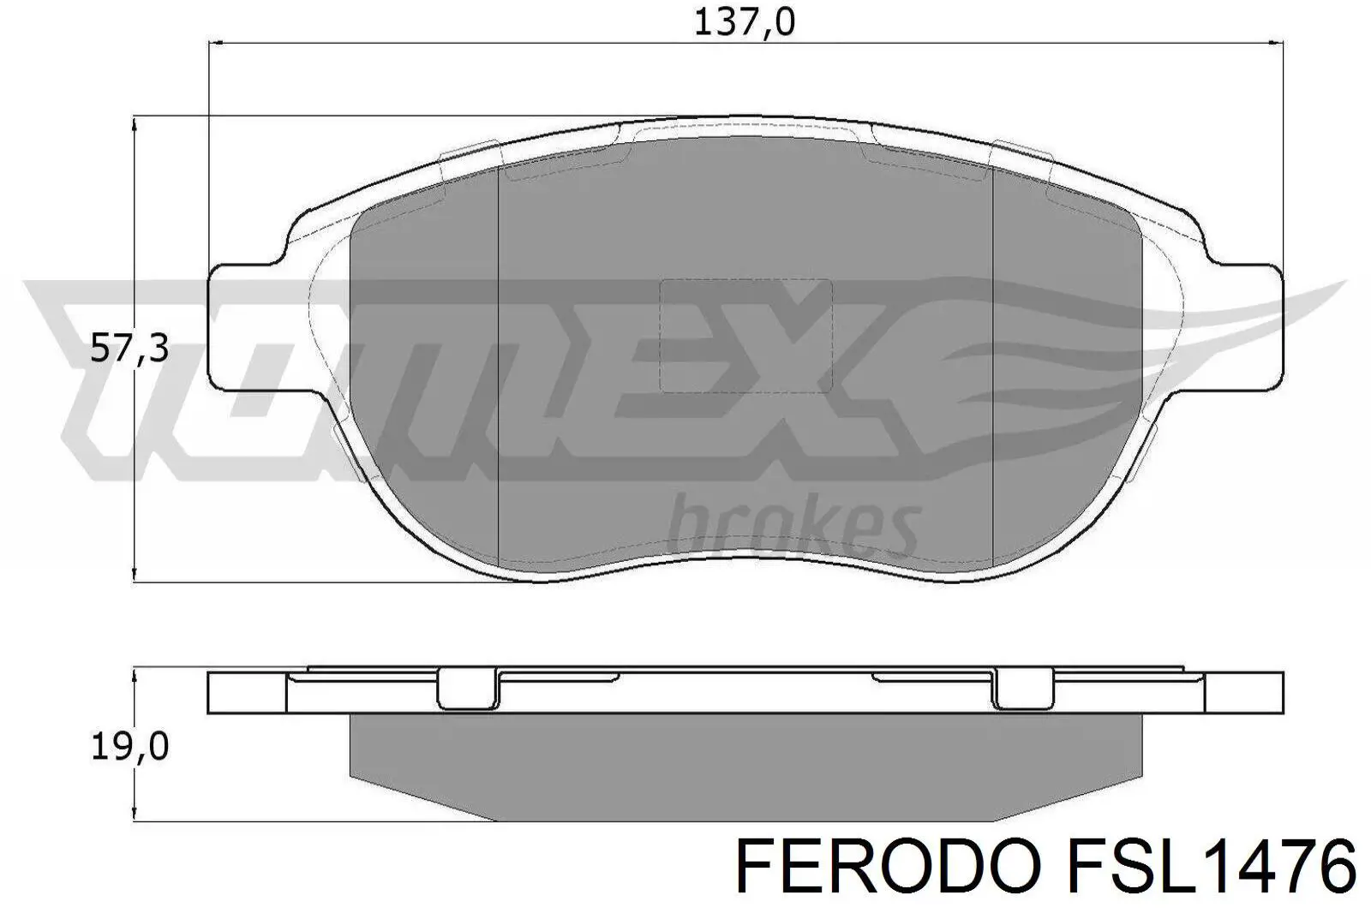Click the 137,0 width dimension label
(744, 23)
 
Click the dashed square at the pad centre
(745, 335)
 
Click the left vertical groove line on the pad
(498, 368)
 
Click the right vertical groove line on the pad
(991, 368)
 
